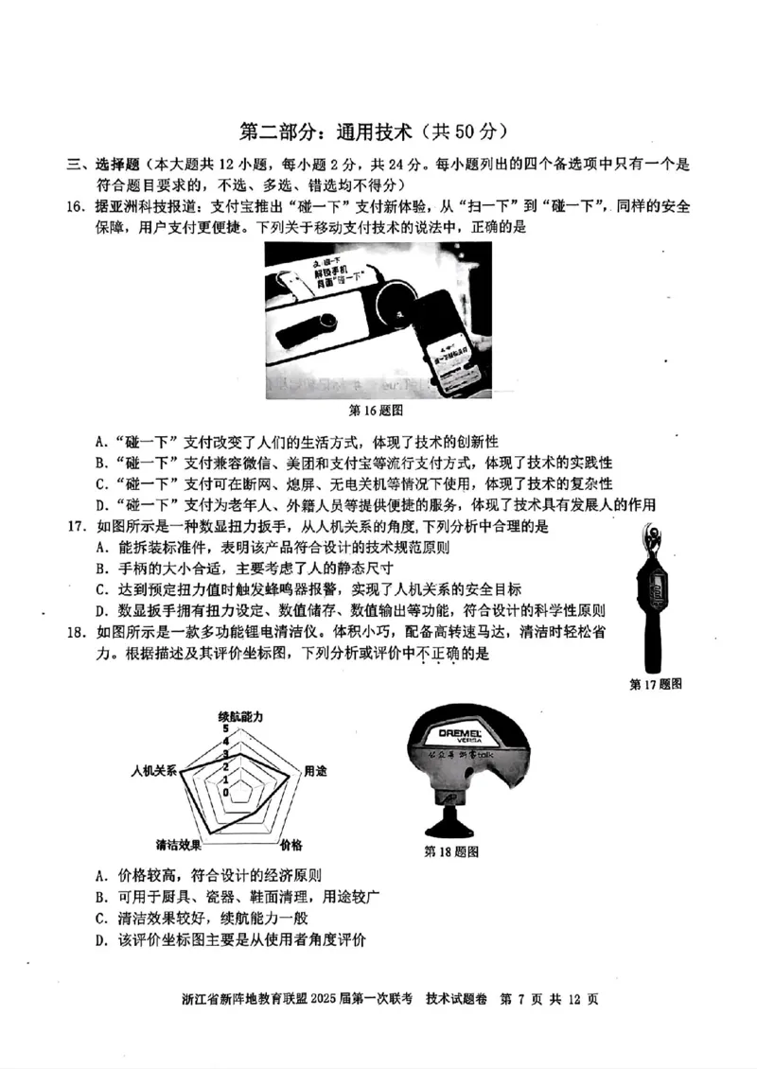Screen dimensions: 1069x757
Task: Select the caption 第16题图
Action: point(377,411)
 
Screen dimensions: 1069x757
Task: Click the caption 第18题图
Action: point(451,851)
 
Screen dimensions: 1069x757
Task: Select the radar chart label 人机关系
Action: point(154,771)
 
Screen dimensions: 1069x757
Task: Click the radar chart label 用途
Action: point(316,771)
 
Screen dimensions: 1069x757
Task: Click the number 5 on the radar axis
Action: point(225,730)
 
